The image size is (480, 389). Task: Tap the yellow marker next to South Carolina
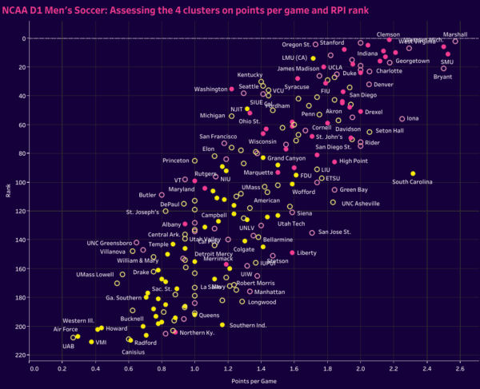pyautogui.click(x=413, y=173)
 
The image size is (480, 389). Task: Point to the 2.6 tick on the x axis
pyautogui.click(x=460, y=369)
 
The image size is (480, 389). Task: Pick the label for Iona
pyautogui.click(x=413, y=118)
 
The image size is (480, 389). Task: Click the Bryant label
pyautogui.click(x=442, y=77)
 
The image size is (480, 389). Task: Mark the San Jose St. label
pyautogui.click(x=334, y=232)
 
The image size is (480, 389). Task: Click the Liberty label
pyautogui.click(x=307, y=252)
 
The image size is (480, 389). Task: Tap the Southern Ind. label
pyautogui.click(x=248, y=325)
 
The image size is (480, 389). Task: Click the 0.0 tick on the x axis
pyautogui.click(x=34, y=369)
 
